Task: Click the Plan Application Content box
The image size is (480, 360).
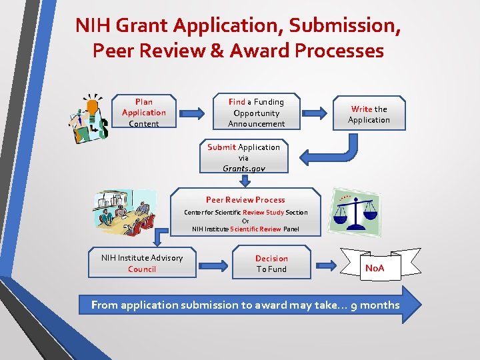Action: coord(143,113)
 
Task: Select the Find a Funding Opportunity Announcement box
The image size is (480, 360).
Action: coord(256,113)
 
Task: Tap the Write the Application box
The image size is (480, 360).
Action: coord(369,114)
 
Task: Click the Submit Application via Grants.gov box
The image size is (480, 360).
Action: coord(243,157)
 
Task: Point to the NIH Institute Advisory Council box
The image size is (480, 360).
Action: coord(142,263)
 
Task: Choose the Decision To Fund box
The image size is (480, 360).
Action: coord(271,263)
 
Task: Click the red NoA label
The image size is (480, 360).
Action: coord(375,269)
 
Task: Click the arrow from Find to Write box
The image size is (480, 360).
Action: coord(318,113)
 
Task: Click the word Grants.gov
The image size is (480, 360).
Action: coord(243,169)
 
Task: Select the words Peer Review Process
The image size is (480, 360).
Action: coord(245,200)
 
